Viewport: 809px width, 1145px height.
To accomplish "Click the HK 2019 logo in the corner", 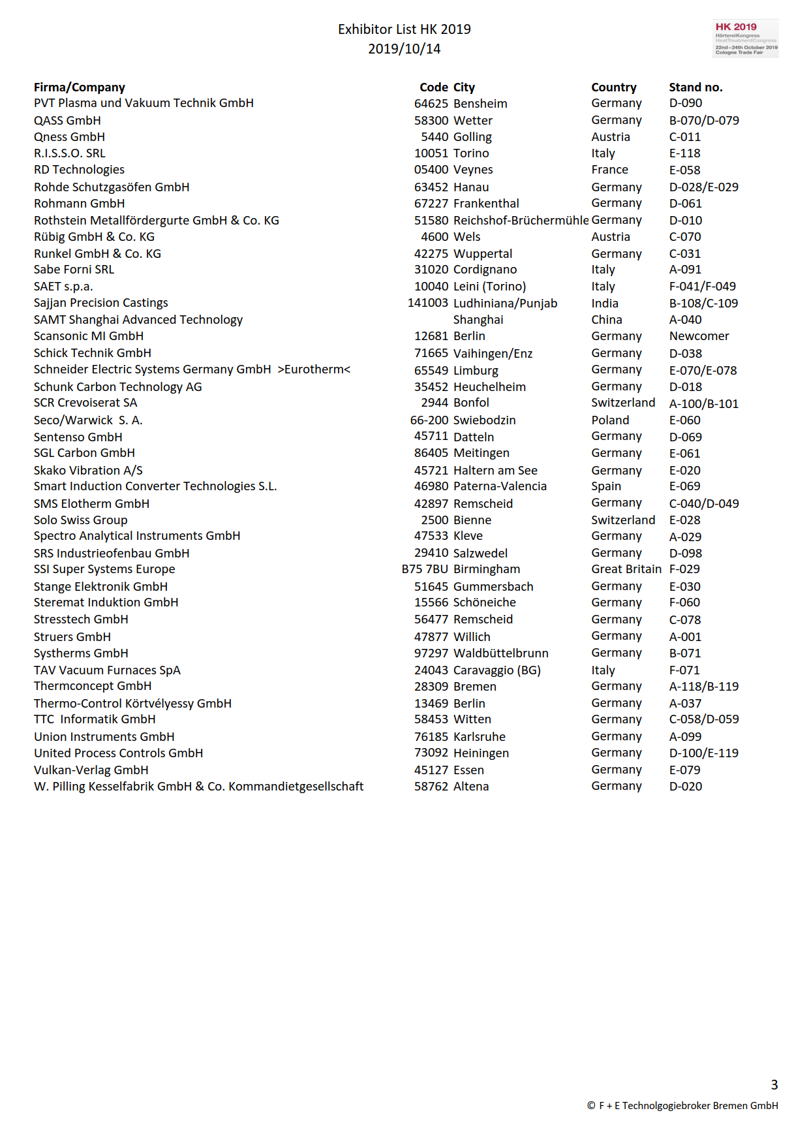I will click(x=746, y=39).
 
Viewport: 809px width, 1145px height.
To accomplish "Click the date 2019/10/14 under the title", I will click(x=404, y=49).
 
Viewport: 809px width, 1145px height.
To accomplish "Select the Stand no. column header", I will click(x=695, y=87).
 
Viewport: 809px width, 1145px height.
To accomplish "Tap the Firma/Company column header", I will click(x=79, y=87).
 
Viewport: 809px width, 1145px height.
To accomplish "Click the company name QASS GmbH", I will click(x=67, y=121).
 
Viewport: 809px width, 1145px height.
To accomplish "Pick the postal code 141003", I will click(x=427, y=303).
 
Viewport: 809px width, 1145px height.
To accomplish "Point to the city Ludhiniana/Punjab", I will click(x=505, y=304).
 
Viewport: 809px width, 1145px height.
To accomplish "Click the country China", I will click(x=606, y=320).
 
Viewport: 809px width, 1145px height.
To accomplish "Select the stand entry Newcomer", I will click(x=699, y=336).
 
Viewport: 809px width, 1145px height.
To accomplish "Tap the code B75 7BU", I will click(x=425, y=569).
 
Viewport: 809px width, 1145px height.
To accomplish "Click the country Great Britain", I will click(x=626, y=569).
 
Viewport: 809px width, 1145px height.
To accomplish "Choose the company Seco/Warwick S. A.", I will click(x=88, y=420).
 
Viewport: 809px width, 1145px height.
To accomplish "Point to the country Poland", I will click(x=610, y=420).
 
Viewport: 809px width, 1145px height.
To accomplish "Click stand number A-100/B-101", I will click(x=703, y=404).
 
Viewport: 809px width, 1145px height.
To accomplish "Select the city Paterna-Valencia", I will click(x=500, y=486).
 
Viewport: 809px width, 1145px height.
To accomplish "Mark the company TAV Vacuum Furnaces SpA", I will click(x=107, y=670).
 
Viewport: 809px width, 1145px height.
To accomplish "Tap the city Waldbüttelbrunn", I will click(x=500, y=653).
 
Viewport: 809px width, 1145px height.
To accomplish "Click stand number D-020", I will click(x=685, y=787).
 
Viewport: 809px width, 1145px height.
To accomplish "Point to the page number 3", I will click(x=774, y=1085).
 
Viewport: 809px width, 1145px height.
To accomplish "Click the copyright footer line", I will click(x=682, y=1106).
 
